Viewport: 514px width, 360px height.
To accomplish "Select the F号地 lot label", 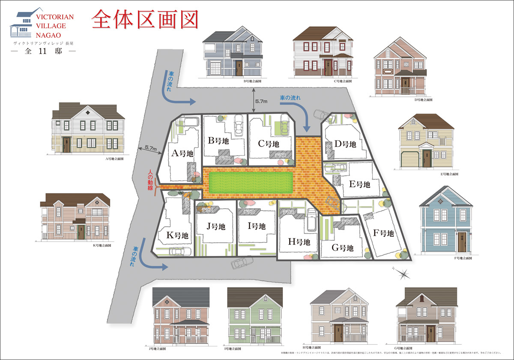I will click(383, 234).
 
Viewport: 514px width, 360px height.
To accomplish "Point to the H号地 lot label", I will click(299, 242).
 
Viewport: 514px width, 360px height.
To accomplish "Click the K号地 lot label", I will click(177, 235).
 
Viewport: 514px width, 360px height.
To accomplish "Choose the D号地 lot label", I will click(345, 144).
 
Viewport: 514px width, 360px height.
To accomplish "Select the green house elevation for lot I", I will click(254, 317).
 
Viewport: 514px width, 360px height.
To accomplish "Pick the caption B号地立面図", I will click(252, 80).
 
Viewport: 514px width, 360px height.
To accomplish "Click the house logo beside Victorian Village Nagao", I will click(22, 24).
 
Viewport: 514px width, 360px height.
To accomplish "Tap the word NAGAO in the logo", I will click(48, 34).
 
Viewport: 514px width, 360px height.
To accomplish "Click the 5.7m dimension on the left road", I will click(151, 148).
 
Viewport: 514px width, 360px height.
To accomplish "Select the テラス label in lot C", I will click(281, 155).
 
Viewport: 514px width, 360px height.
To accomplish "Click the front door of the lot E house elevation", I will click(426, 158).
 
